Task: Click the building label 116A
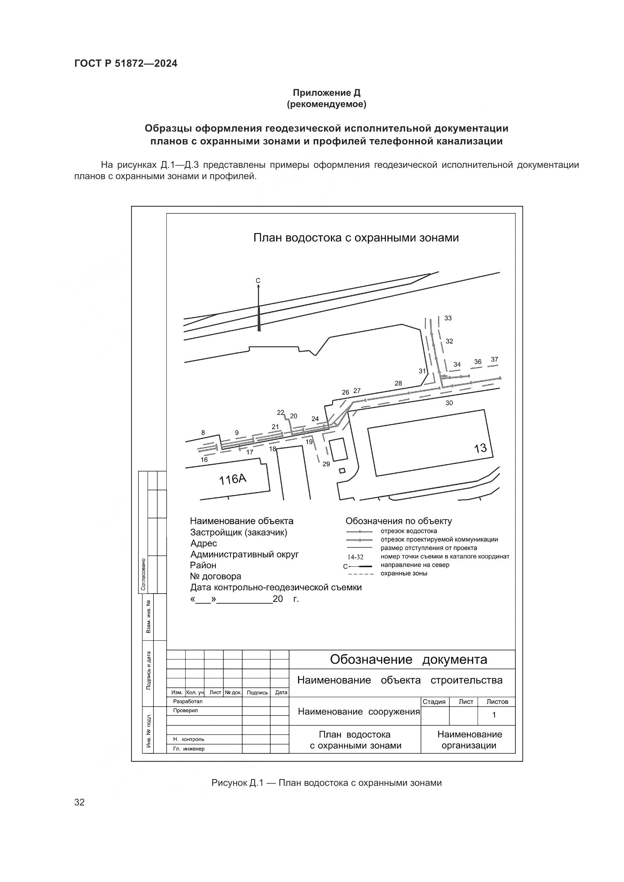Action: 232,479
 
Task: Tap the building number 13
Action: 480,448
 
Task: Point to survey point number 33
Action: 448,318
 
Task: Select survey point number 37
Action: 495,360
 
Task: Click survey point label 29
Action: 326,464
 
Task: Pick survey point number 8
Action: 203,433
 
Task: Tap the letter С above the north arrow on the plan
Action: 258,281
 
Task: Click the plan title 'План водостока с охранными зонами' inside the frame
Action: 356,238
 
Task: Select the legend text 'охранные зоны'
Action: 404,574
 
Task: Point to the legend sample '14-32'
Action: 355,557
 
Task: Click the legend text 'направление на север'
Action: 415,565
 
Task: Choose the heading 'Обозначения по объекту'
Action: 398,521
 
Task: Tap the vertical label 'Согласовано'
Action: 143,574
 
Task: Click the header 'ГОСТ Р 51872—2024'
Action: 126,63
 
